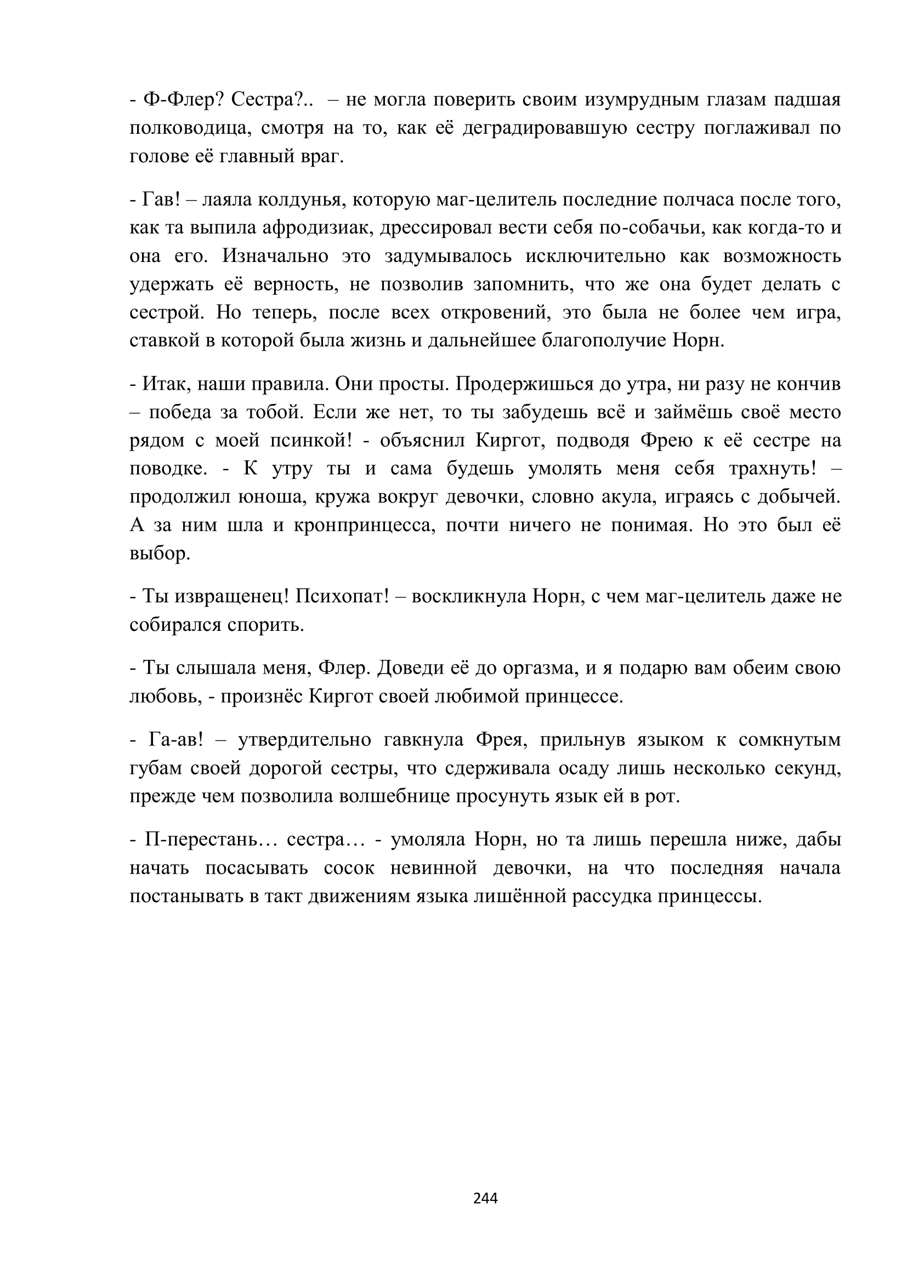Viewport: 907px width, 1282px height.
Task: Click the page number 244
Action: pos(485,1198)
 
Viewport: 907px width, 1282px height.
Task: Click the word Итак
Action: pos(160,384)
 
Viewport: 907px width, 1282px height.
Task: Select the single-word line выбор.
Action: pos(160,554)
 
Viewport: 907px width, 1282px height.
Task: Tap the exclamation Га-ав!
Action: pos(175,740)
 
